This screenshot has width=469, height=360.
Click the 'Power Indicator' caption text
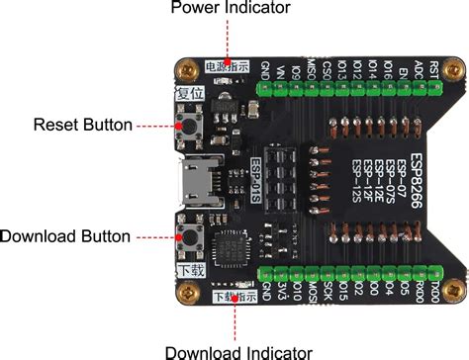coord(231,9)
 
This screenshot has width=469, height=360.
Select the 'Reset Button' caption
coord(82,126)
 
